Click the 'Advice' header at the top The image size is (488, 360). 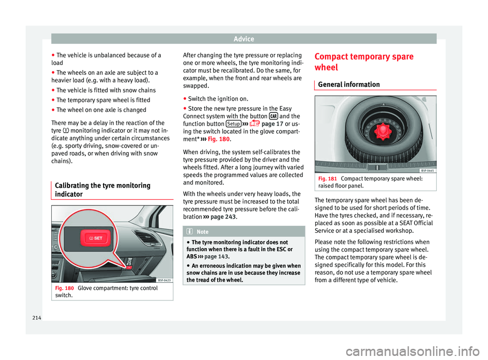coord(243,39)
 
